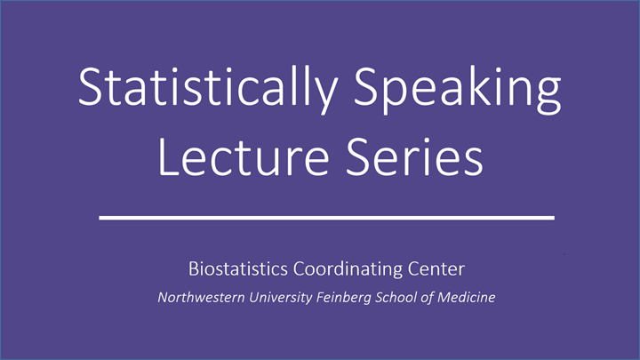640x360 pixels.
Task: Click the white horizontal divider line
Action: pos(325,217)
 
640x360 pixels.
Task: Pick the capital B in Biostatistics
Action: pos(193,268)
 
